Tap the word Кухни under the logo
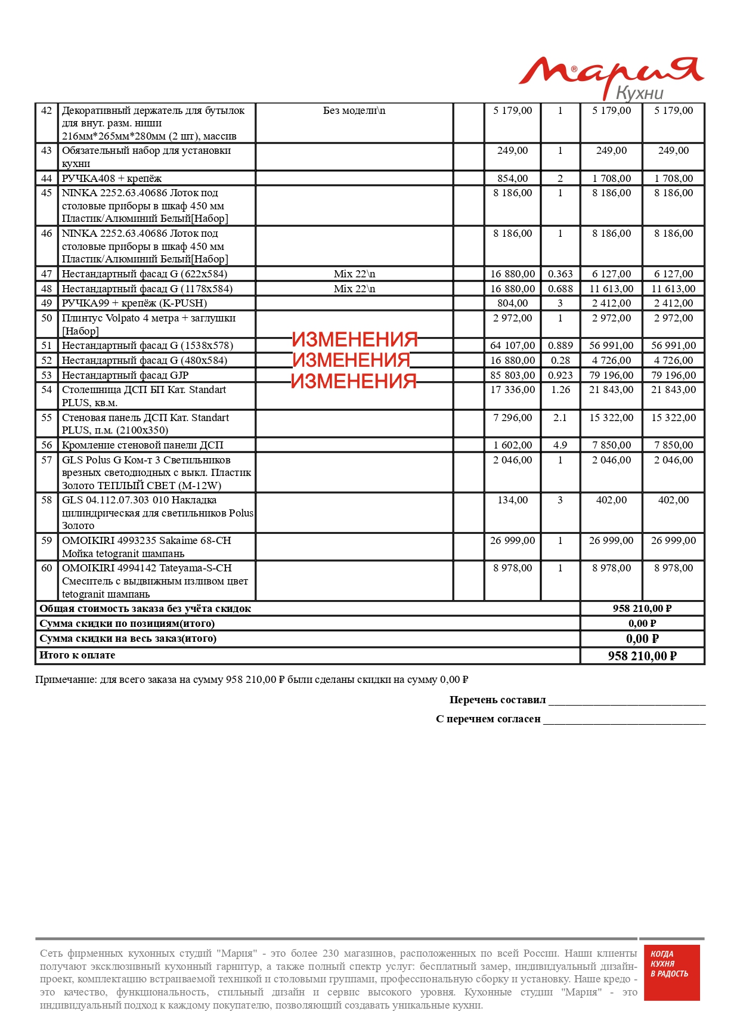pos(639,94)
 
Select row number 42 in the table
pos(47,111)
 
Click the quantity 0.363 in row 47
pos(560,274)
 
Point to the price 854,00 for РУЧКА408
pos(512,178)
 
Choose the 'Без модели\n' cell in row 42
pos(354,111)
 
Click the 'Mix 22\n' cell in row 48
pos(354,289)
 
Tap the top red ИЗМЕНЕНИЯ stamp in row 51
pos(355,339)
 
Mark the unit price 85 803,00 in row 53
pos(512,375)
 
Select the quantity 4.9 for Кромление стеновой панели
pos(560,445)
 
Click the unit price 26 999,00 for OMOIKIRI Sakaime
pos(512,540)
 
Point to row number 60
pos(47,568)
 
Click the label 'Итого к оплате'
pos(78,655)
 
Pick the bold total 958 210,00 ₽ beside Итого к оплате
pos(642,656)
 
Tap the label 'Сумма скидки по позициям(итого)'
pos(127,623)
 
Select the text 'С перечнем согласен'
pos(488,719)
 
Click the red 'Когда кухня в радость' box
pos(670,972)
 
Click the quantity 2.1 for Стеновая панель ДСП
pos(560,418)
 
